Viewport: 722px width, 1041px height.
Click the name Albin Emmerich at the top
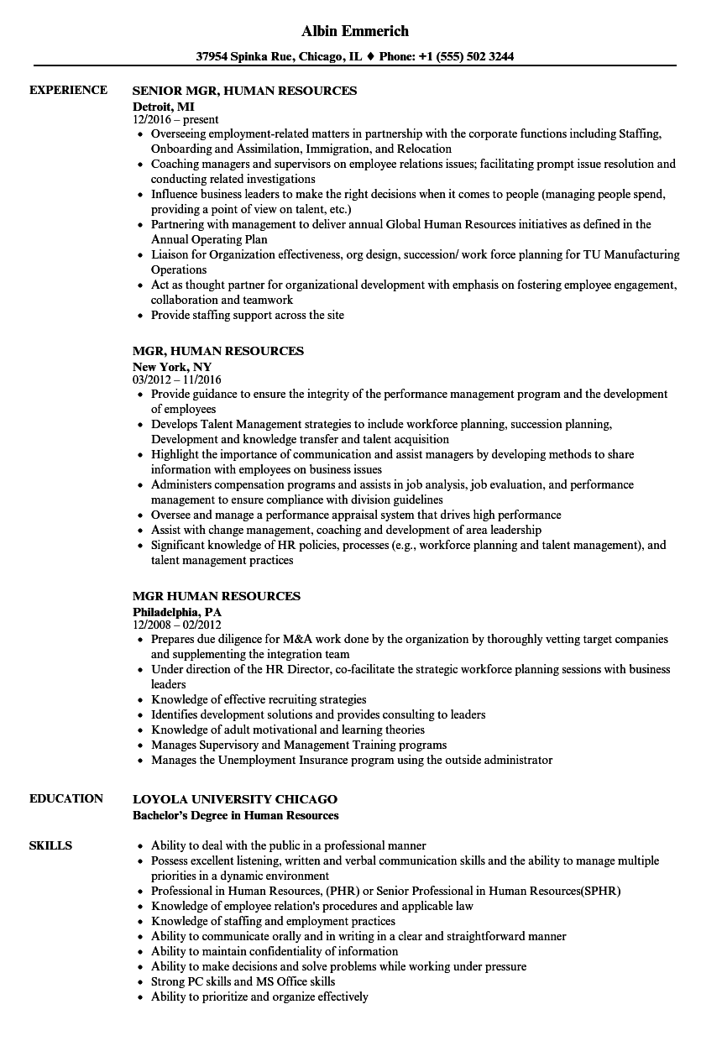tap(355, 31)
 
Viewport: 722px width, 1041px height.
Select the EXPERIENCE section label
tap(68, 90)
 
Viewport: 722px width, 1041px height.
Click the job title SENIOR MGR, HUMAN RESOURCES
tap(244, 91)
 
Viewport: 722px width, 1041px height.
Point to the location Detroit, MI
tap(163, 106)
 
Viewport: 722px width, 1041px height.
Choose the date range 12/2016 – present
tap(175, 120)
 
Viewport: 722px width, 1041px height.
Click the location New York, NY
tap(172, 366)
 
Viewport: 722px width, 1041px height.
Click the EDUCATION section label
tap(66, 798)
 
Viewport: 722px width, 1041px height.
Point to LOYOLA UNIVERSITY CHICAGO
tap(235, 799)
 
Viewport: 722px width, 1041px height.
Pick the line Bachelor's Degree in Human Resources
tap(236, 815)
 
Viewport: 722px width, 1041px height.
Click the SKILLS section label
tap(50, 845)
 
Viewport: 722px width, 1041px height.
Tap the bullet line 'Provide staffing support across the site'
tap(247, 316)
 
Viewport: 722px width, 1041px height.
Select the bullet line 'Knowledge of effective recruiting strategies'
tap(259, 699)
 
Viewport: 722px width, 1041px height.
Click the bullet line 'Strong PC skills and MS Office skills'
tap(243, 981)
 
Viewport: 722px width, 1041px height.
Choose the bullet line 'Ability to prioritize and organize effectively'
tap(259, 997)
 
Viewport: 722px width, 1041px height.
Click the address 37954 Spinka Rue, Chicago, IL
tap(279, 57)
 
